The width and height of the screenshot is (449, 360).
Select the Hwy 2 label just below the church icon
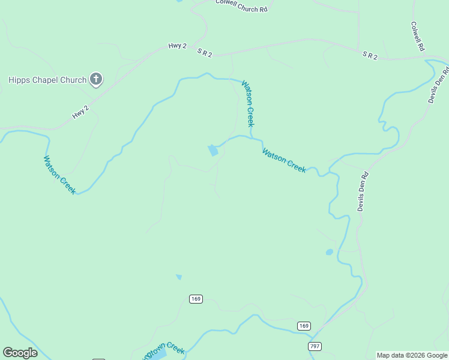pos(80,112)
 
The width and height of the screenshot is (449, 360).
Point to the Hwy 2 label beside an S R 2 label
pos(178,46)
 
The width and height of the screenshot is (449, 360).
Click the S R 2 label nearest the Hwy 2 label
pos(205,53)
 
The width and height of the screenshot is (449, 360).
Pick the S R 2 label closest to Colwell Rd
pos(370,55)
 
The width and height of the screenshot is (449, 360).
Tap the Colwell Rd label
pos(418,36)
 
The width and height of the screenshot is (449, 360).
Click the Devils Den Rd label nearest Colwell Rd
pos(438,83)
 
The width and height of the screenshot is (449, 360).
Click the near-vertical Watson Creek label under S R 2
pos(248,103)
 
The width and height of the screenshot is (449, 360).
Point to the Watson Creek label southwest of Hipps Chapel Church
pos(59,175)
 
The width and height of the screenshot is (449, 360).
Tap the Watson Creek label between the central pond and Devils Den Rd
pos(284,160)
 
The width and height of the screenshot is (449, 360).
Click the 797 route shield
pos(315,346)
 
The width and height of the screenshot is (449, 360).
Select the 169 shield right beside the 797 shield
pos(304,326)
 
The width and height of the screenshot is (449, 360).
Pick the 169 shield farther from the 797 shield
pos(195,299)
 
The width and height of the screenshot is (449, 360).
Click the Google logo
pos(20,353)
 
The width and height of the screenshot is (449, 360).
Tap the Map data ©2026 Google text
pos(412,355)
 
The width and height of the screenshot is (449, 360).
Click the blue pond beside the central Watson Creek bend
pos(213,150)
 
